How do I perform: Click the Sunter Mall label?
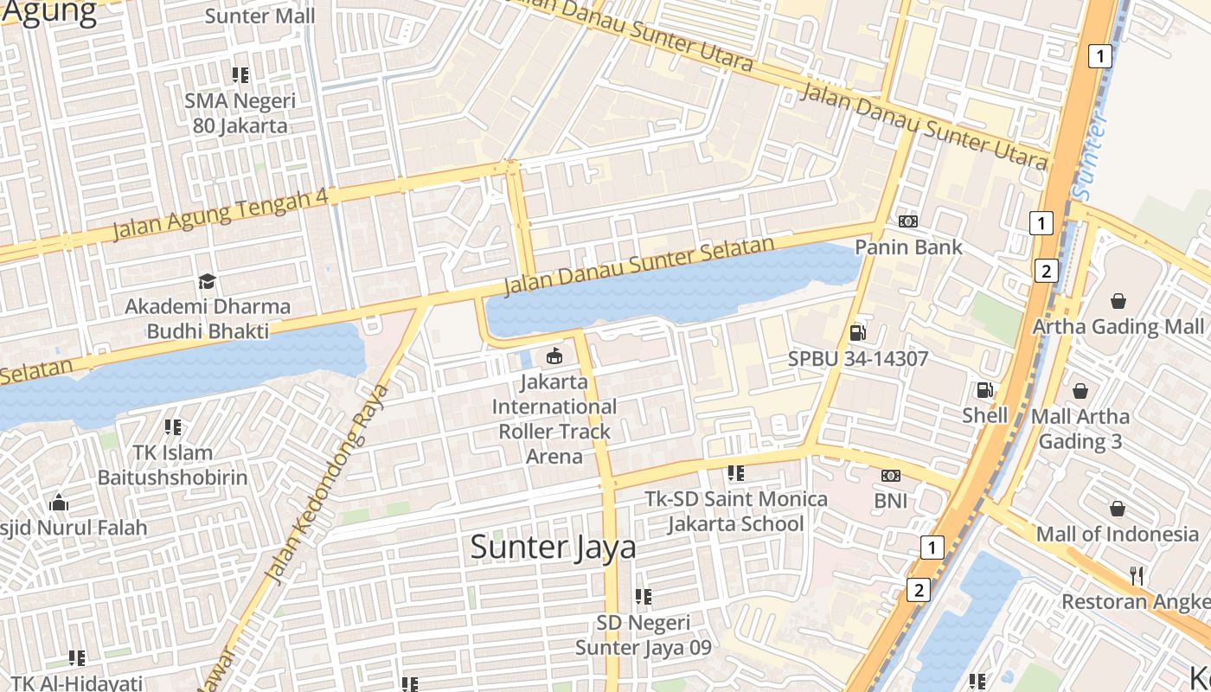[x=260, y=16]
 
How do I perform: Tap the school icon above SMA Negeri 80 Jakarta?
[x=240, y=75]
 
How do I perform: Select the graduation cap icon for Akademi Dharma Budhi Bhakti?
[x=207, y=281]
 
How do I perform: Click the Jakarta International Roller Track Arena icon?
[x=554, y=356]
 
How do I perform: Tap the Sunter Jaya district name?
[x=553, y=547]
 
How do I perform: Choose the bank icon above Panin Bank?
[x=907, y=221]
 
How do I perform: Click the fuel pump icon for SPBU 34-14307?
[x=857, y=332]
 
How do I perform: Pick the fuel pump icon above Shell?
[x=984, y=390]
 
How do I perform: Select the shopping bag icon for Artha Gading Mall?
[x=1118, y=301]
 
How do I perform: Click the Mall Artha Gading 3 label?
[x=1080, y=428]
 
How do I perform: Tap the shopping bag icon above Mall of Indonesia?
[x=1118, y=508]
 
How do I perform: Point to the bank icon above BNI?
[x=890, y=476]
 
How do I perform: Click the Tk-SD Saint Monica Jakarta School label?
[x=736, y=511]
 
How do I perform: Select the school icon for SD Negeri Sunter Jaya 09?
[x=643, y=597]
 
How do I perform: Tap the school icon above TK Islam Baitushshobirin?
[x=173, y=427]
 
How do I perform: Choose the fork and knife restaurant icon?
[x=1137, y=575]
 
